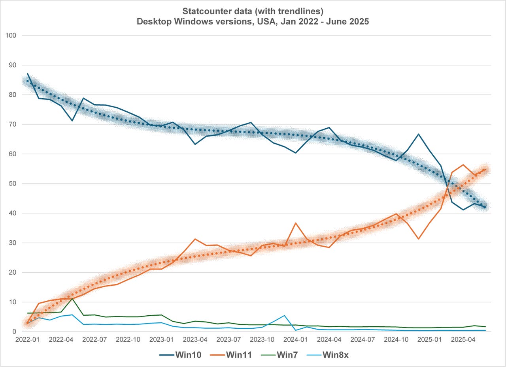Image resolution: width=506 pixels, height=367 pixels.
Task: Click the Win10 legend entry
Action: coord(185,355)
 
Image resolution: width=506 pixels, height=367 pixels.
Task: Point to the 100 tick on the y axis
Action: coord(11,36)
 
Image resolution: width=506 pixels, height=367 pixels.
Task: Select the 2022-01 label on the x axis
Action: coord(27,339)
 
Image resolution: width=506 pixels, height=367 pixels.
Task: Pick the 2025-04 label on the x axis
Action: coord(463,339)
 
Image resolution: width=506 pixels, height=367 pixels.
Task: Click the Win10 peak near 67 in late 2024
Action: coord(418,134)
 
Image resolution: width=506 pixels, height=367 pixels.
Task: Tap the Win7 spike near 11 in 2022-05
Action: coord(72,299)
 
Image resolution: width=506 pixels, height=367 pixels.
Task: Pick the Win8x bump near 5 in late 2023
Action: coord(285,315)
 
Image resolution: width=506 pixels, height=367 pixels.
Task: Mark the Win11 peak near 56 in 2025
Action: coord(463,165)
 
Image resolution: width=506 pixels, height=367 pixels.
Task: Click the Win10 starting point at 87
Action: coord(27,73)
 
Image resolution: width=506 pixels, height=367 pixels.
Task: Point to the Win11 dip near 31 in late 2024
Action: coord(418,239)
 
